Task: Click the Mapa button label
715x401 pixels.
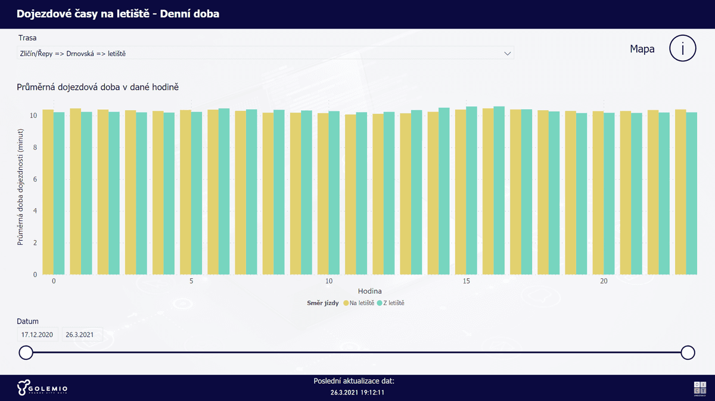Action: click(x=642, y=49)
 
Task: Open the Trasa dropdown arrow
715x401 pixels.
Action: click(x=508, y=53)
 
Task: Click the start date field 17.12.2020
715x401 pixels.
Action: click(x=38, y=334)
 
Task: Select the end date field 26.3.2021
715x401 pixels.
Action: click(x=82, y=334)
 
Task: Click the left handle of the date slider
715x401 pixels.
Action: click(x=26, y=353)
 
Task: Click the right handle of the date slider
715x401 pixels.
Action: click(x=688, y=353)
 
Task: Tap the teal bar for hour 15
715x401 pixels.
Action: click(x=471, y=191)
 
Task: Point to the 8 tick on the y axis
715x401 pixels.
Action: click(x=35, y=147)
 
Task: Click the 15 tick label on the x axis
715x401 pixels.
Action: click(x=466, y=281)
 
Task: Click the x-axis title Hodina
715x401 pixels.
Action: click(x=369, y=291)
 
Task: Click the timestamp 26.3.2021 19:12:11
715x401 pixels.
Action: click(x=357, y=393)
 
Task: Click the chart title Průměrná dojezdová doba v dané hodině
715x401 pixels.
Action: click(x=98, y=87)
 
